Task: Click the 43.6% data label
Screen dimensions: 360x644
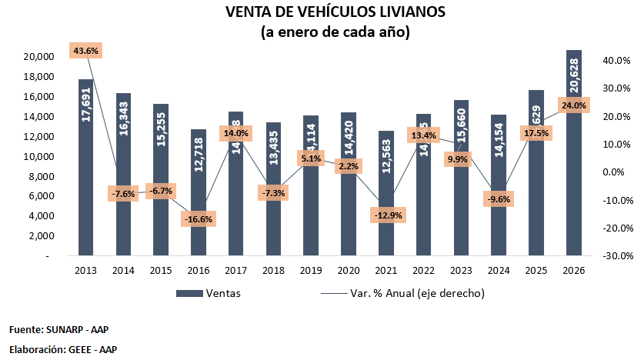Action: click(85, 50)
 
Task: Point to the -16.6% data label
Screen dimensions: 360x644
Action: click(199, 219)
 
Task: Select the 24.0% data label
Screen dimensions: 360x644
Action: click(573, 105)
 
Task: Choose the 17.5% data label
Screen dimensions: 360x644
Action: click(536, 132)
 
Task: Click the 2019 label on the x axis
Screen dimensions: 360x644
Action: click(311, 270)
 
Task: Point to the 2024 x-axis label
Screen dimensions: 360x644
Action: click(499, 270)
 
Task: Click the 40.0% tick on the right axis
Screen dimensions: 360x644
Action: click(618, 61)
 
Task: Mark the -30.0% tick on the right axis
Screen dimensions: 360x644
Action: click(618, 256)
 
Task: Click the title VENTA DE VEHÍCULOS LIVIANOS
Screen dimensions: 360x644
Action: click(335, 13)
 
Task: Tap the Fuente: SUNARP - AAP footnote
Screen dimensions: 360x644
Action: click(58, 329)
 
